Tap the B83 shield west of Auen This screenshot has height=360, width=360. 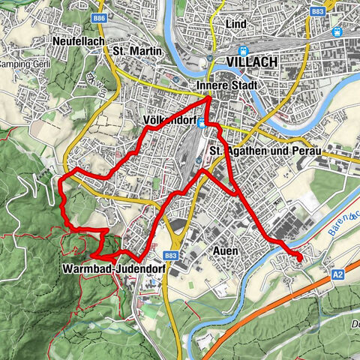[x=171, y=256]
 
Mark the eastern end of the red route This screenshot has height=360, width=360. [x=301, y=259]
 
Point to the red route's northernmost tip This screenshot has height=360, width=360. [x=208, y=94]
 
